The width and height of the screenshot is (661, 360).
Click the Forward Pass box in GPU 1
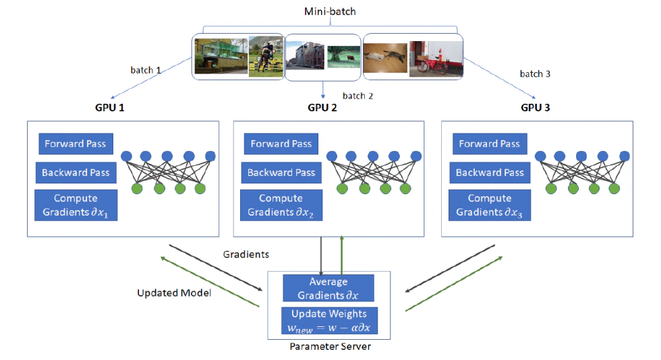(x=75, y=144)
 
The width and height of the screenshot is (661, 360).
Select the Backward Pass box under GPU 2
(x=281, y=173)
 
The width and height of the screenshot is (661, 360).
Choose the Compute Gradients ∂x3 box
(x=490, y=206)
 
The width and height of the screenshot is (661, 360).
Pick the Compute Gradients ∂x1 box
(x=76, y=206)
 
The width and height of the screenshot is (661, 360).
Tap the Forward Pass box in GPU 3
(x=490, y=144)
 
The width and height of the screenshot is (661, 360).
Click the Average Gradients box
(x=328, y=288)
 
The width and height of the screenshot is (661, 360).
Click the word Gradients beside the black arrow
(x=246, y=254)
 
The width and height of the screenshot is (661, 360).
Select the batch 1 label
(x=146, y=69)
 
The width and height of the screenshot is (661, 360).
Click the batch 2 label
(x=357, y=96)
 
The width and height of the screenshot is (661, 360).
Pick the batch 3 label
(x=536, y=73)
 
